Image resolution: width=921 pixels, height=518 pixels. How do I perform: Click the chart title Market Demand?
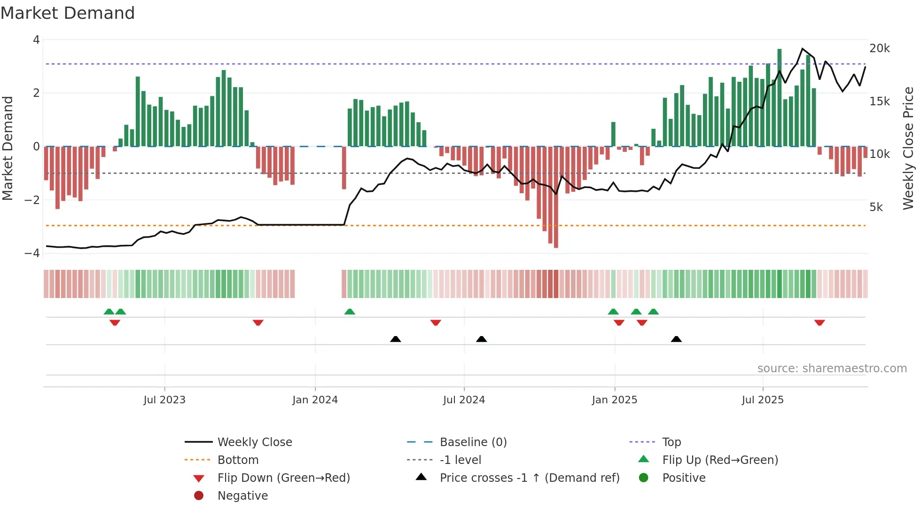(68, 13)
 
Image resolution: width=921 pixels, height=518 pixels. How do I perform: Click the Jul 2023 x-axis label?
(164, 400)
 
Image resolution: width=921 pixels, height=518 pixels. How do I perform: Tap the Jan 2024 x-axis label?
(315, 400)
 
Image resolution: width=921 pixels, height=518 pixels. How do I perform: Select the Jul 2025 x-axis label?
(763, 400)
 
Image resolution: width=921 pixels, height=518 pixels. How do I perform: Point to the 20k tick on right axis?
(880, 48)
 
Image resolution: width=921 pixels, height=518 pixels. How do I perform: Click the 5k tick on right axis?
(876, 207)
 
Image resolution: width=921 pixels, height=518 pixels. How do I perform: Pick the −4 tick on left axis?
(32, 253)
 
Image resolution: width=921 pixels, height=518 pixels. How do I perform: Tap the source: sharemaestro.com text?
(832, 369)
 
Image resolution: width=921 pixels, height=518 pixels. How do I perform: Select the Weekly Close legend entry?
(254, 442)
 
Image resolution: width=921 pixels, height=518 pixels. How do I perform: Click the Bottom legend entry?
(238, 460)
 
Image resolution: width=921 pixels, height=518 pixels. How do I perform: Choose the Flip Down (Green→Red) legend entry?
(283, 478)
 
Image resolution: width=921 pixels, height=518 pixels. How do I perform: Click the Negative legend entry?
(242, 496)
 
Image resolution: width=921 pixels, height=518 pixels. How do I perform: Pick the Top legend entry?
(671, 442)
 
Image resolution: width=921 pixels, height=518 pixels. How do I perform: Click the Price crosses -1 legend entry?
(529, 478)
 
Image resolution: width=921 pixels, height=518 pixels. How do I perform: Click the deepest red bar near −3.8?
(556, 197)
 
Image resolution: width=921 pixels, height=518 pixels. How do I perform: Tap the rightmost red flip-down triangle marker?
(820, 322)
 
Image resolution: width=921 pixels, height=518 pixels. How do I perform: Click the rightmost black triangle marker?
(676, 339)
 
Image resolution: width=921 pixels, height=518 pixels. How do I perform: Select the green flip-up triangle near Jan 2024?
(350, 312)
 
